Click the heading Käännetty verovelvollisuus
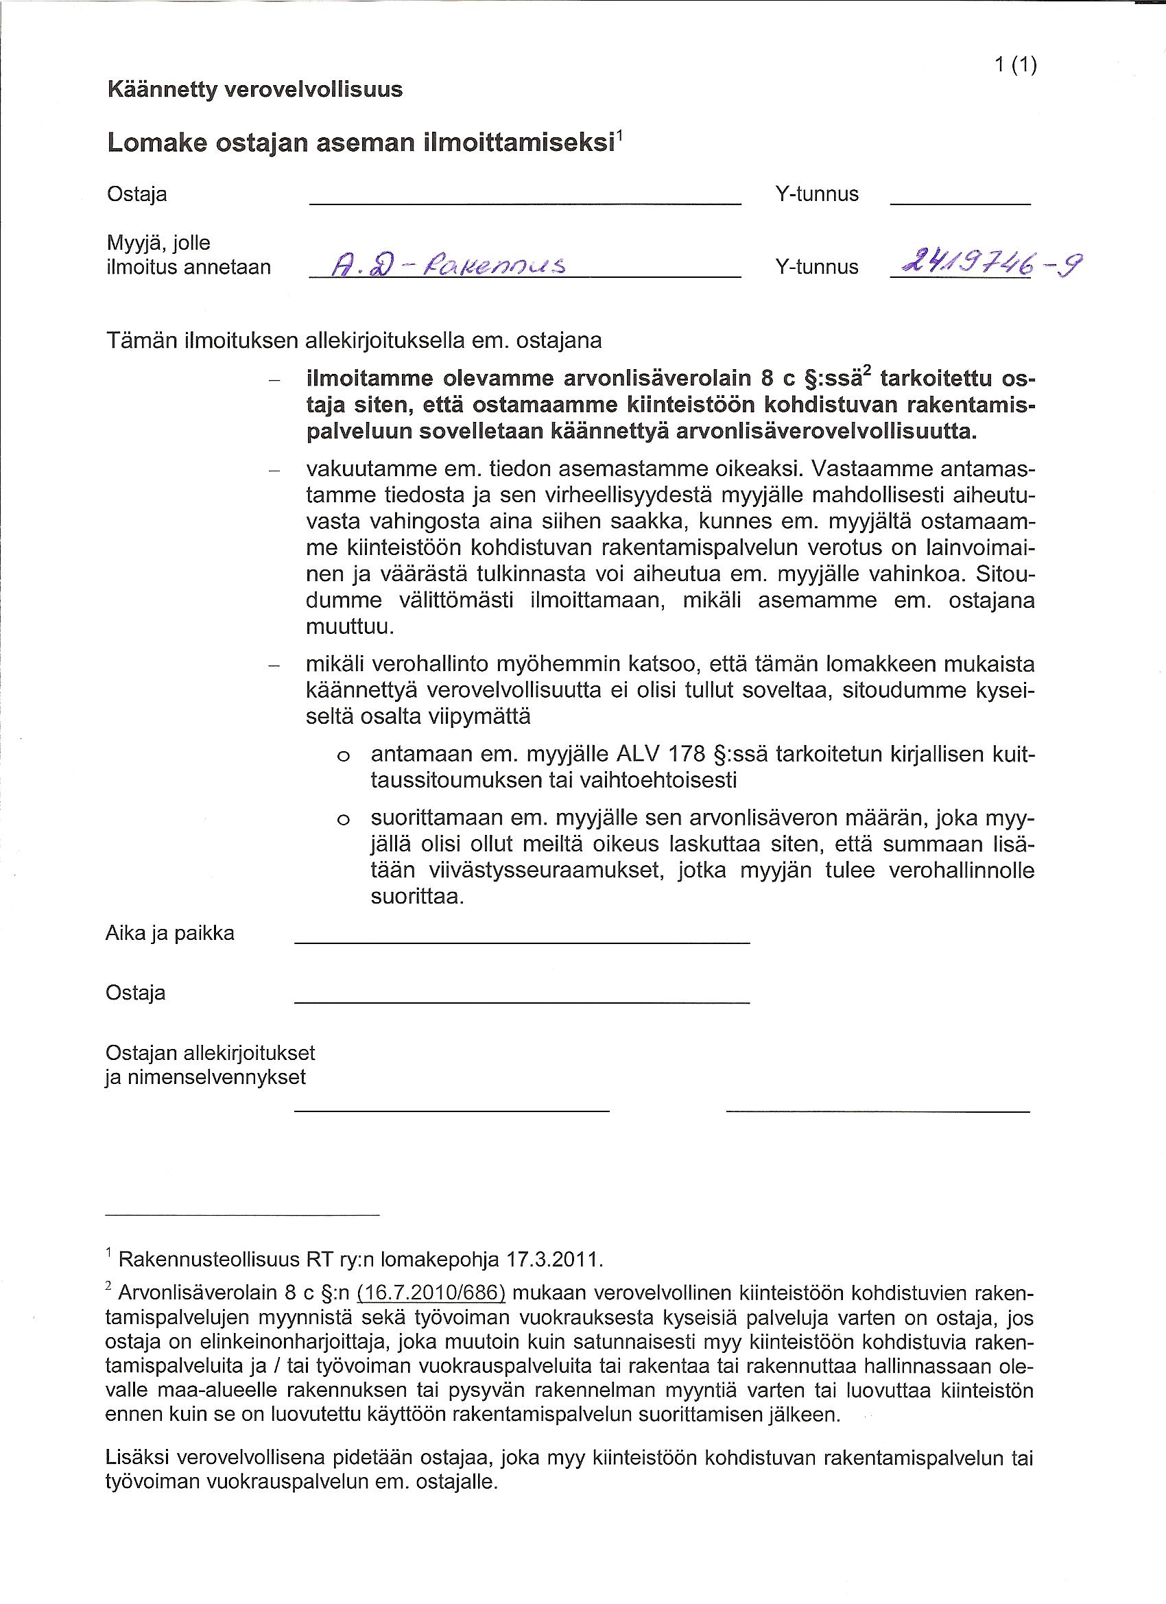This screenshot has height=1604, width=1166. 254,90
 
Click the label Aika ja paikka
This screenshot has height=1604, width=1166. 169,933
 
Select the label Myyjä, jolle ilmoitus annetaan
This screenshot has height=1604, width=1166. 188,255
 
